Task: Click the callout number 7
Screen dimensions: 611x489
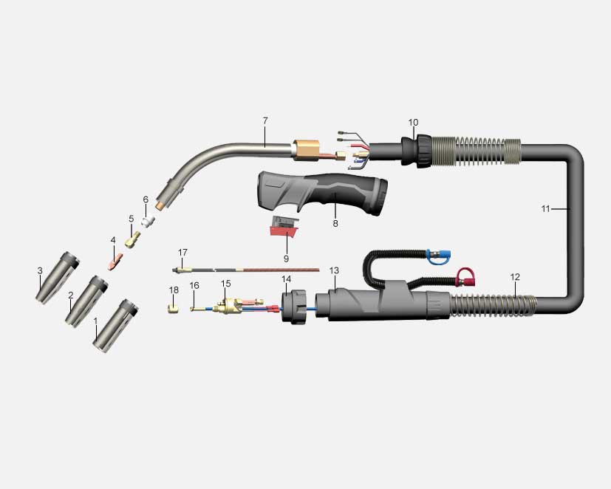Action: pos(265,121)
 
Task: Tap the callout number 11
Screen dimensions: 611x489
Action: pos(545,209)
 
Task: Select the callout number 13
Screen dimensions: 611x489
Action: pos(334,270)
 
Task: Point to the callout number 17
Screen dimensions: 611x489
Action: pos(182,253)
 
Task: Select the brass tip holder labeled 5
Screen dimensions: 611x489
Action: pos(133,239)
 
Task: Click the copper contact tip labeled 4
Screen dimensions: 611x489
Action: pos(115,261)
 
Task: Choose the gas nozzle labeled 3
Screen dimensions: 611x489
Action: pos(58,278)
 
